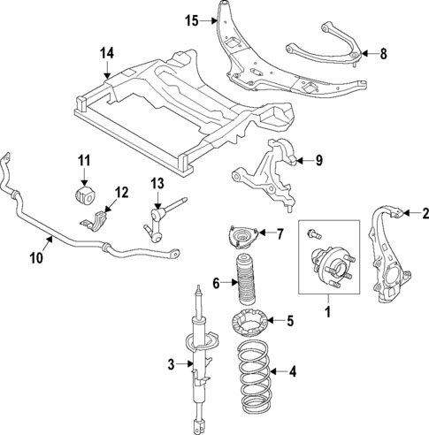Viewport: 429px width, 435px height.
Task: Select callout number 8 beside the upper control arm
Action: click(x=383, y=54)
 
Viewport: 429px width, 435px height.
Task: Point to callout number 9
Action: click(x=320, y=160)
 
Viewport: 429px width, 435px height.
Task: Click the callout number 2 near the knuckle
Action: click(x=424, y=212)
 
